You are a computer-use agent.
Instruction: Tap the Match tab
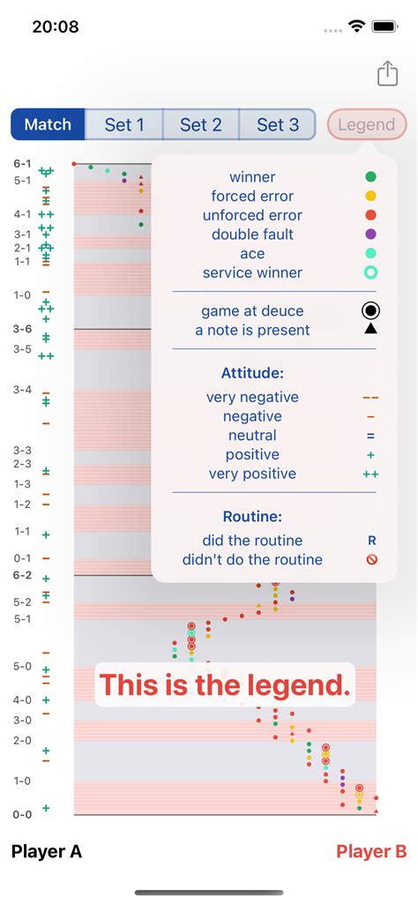click(x=48, y=124)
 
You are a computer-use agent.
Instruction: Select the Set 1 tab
click(x=123, y=124)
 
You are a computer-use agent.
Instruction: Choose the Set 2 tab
click(x=200, y=124)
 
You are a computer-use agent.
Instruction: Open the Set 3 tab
click(x=277, y=124)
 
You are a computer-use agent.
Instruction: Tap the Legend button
click(x=366, y=124)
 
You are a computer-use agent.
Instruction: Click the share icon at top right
click(x=388, y=74)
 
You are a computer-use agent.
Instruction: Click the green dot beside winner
click(x=370, y=177)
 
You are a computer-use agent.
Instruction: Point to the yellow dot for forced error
click(x=370, y=196)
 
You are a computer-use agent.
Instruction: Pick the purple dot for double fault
click(x=370, y=234)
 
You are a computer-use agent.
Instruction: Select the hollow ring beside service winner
click(x=370, y=273)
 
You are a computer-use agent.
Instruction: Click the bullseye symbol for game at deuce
click(x=370, y=310)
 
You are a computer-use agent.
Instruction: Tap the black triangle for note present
click(x=370, y=330)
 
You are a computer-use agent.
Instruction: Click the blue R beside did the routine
click(x=371, y=541)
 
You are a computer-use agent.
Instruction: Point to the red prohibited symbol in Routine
click(x=371, y=559)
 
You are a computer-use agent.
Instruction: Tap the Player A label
click(x=47, y=851)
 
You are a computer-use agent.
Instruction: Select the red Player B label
click(x=371, y=851)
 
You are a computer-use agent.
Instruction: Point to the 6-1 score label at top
click(x=22, y=164)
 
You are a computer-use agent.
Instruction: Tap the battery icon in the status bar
click(x=385, y=26)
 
